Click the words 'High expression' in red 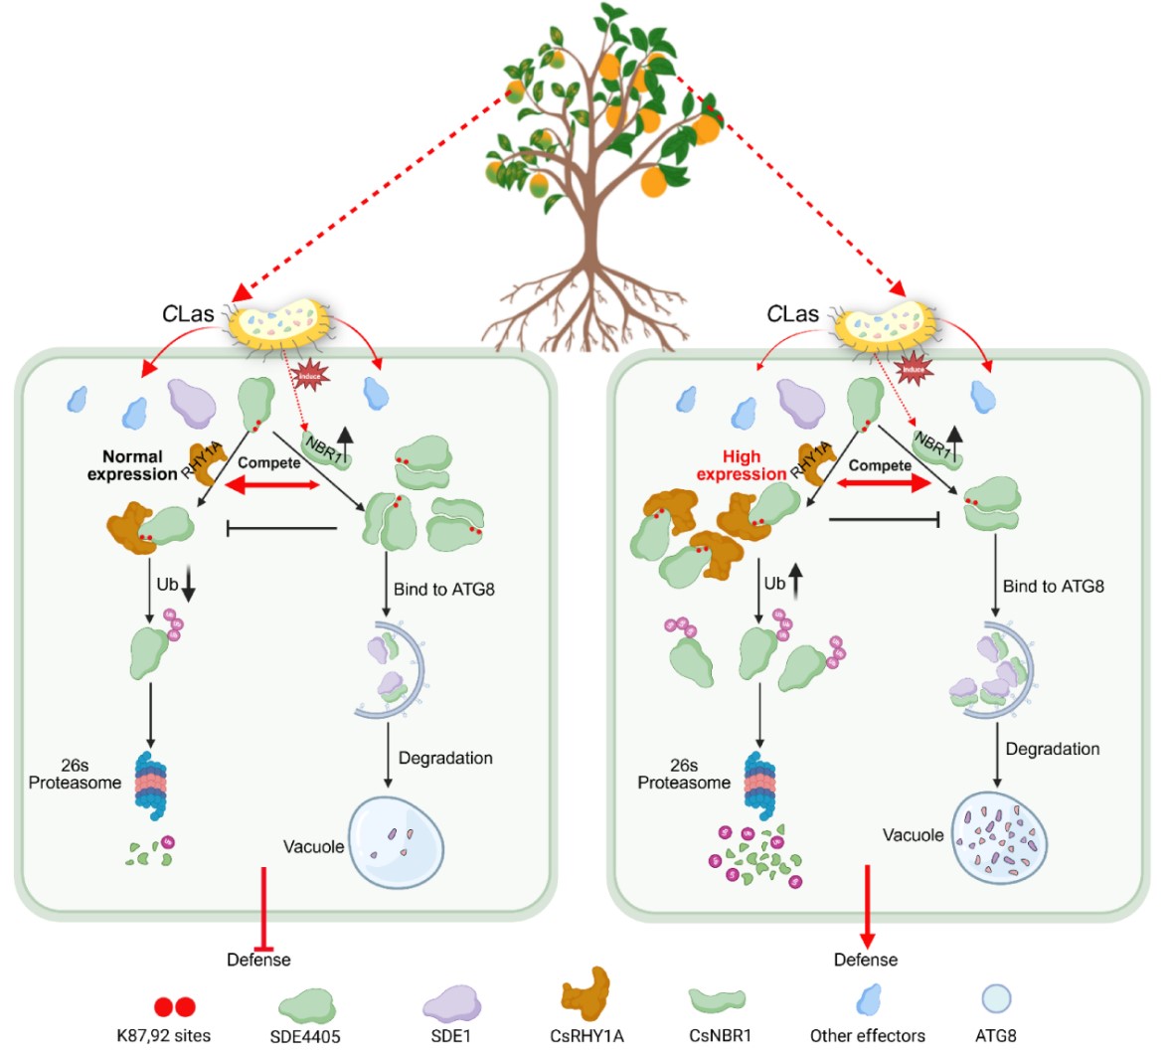(742, 465)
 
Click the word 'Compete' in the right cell (880, 464)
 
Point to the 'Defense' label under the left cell (258, 960)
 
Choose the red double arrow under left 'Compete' (271, 484)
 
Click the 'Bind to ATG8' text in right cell (1054, 586)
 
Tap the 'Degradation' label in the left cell (445, 758)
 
